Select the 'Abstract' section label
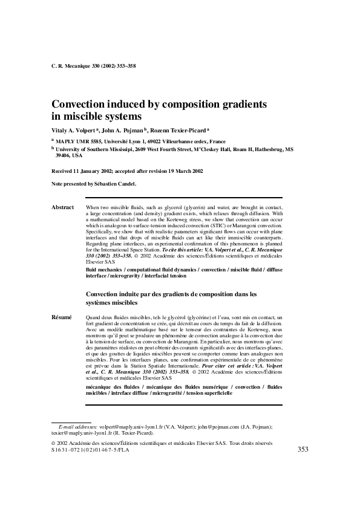click(x=63, y=207)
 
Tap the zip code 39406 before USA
click(x=63, y=155)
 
